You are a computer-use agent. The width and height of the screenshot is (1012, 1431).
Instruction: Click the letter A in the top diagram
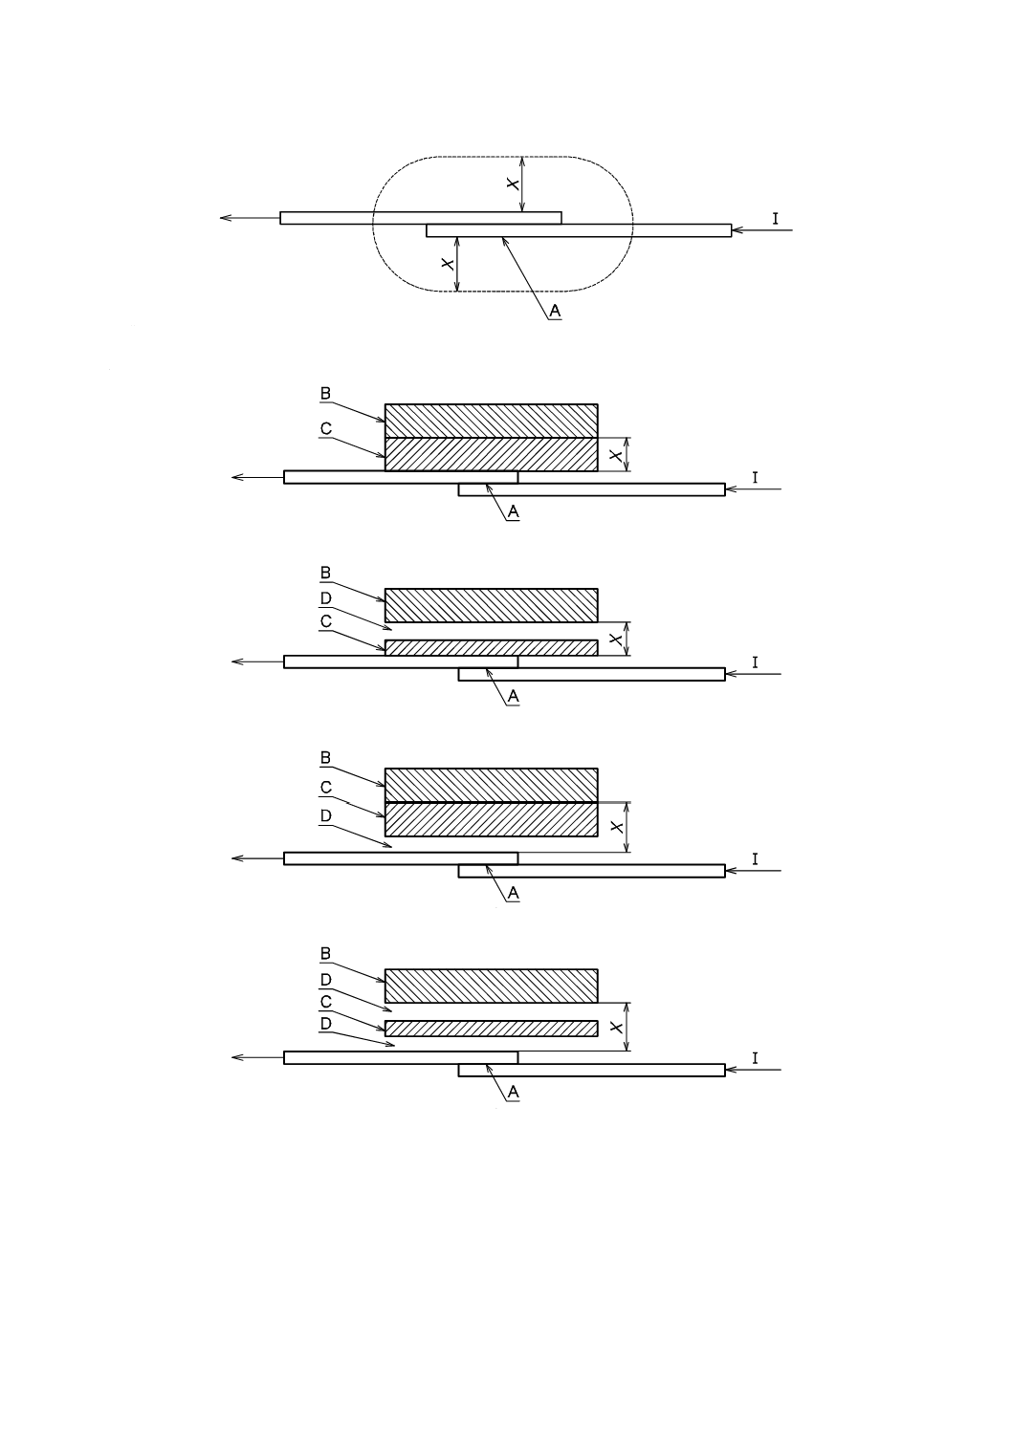pos(555,311)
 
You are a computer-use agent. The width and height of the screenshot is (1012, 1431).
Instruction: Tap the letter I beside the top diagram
pos(776,219)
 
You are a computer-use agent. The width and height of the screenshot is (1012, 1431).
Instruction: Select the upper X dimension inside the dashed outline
pos(514,184)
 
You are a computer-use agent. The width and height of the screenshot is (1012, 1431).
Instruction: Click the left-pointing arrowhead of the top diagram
pos(225,218)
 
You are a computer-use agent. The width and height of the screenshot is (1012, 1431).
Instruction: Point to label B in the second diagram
pos(325,393)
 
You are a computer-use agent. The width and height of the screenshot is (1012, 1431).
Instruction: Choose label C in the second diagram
pos(325,429)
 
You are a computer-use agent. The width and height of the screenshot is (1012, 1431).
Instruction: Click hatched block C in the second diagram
pos(491,454)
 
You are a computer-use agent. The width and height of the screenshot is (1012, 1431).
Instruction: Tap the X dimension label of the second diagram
pos(617,455)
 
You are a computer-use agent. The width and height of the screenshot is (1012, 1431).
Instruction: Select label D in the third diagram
pos(325,598)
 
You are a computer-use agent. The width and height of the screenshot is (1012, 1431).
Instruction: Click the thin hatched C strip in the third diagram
pos(491,647)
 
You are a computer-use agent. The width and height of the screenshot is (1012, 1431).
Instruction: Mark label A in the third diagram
pos(514,697)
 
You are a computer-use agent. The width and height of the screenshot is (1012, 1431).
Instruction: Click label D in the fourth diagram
pos(325,815)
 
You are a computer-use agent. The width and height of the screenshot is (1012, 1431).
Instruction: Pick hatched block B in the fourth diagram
pos(491,785)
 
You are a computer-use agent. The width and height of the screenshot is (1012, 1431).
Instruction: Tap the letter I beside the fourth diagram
pos(755,859)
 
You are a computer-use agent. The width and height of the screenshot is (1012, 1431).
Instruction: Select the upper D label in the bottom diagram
pos(325,980)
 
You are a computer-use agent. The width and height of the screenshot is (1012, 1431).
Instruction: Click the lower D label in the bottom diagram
pos(325,1024)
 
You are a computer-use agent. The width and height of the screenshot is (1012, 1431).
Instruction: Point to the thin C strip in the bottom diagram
pos(491,1029)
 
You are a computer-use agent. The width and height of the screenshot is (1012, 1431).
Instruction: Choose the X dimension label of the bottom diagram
pos(617,1027)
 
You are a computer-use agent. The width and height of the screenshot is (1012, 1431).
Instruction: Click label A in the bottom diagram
pos(514,1092)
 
